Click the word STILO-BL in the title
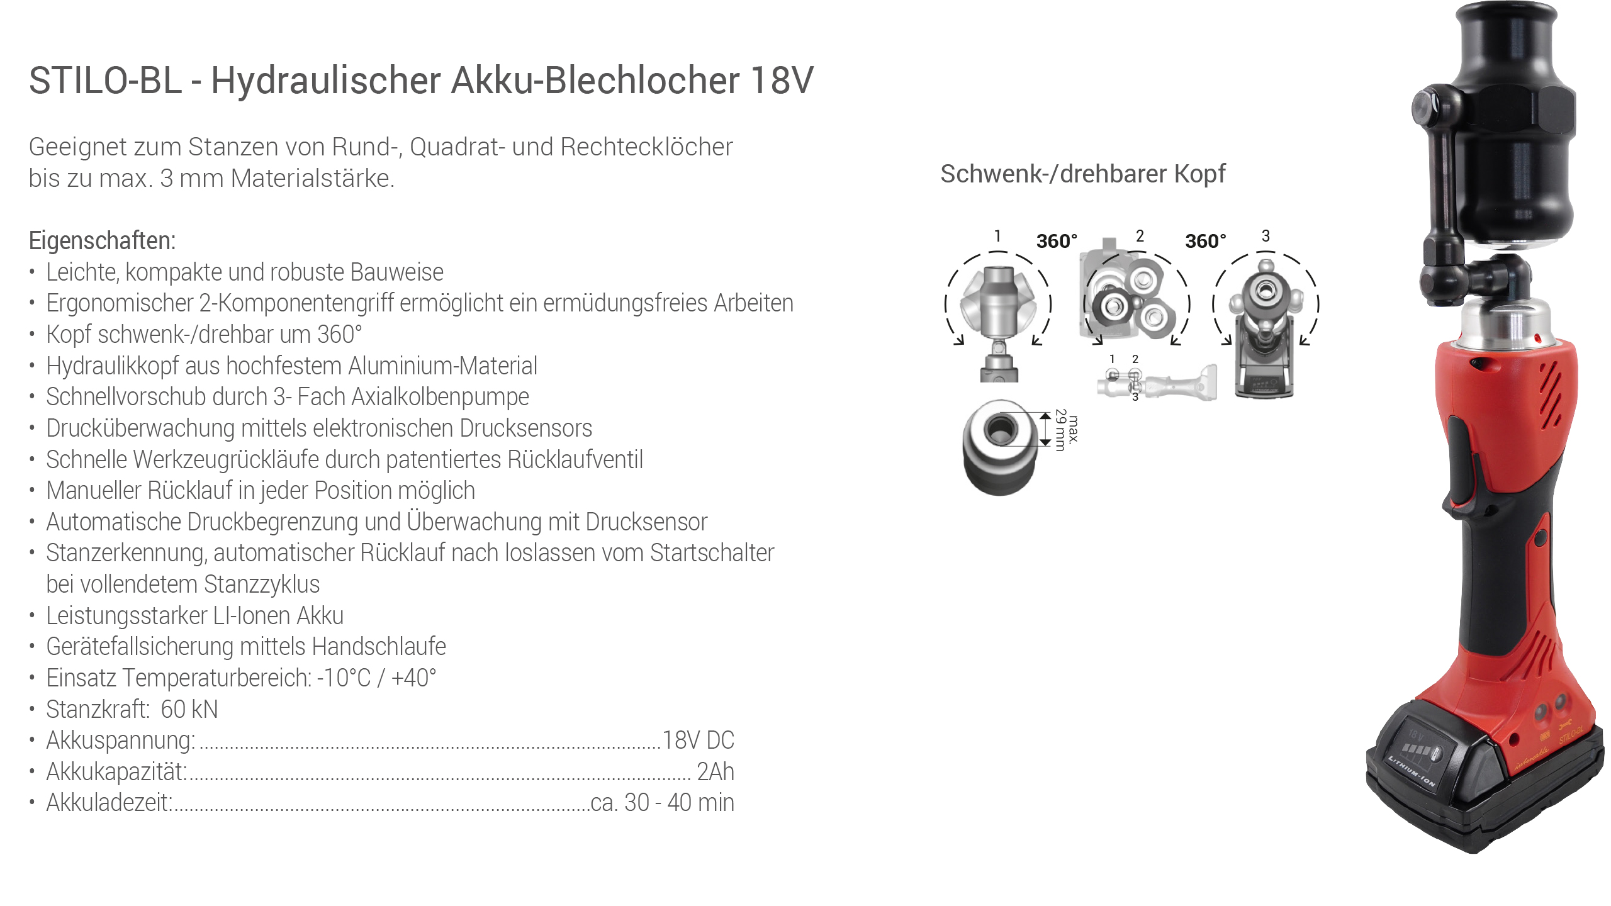click(105, 81)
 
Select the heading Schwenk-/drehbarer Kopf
click(1083, 174)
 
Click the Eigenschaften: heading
click(103, 240)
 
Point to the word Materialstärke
click(313, 178)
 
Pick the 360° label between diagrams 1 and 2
click(1057, 241)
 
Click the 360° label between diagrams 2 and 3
click(1206, 241)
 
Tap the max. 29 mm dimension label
click(1067, 430)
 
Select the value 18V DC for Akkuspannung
click(699, 741)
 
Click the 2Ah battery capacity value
click(716, 771)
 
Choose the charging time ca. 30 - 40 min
click(663, 803)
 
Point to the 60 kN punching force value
click(189, 709)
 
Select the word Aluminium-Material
click(443, 366)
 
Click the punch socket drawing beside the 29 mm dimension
click(999, 447)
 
